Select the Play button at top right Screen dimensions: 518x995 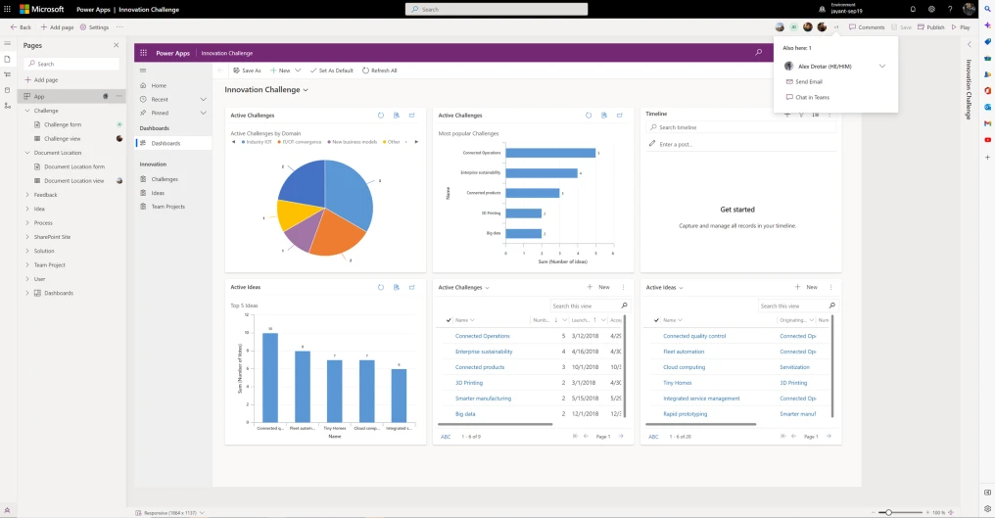pyautogui.click(x=961, y=27)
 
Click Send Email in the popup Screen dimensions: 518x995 pyautogui.click(x=808, y=82)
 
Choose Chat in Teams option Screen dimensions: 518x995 pyautogui.click(x=812, y=97)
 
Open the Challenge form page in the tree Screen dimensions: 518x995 pyautogui.click(x=63, y=125)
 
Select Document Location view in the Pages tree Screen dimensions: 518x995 pyautogui.click(x=73, y=181)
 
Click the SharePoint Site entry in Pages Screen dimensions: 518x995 pyautogui.click(x=52, y=237)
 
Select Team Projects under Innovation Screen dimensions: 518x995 pyautogui.click(x=167, y=207)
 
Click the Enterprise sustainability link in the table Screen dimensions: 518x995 pyautogui.click(x=484, y=352)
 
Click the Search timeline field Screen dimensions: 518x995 pyautogui.click(x=744, y=127)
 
